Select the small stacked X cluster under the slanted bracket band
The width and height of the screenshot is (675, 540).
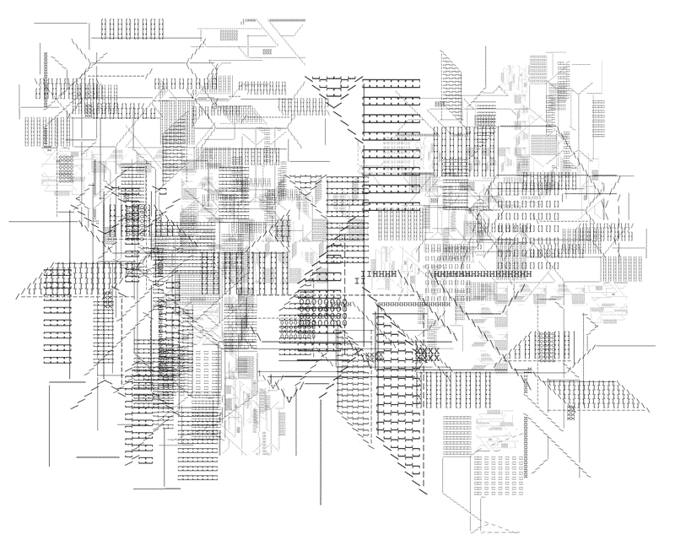[x=570, y=413]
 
